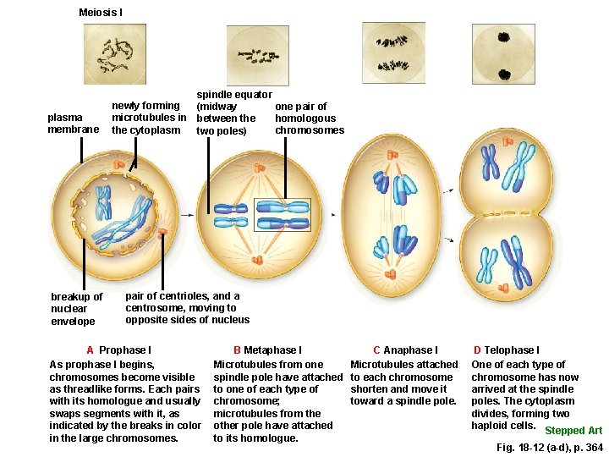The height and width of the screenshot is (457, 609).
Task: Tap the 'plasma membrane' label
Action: [65, 124]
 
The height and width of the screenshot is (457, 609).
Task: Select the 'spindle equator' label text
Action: [233, 95]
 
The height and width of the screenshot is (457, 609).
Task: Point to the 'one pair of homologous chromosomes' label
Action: [309, 118]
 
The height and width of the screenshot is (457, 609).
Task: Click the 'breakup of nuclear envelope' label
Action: [76, 309]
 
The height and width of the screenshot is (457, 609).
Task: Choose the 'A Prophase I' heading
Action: [118, 350]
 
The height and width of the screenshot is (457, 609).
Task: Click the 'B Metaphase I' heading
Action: [267, 350]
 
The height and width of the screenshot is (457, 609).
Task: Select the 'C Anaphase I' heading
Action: [405, 350]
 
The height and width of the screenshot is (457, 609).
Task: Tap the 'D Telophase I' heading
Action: [506, 350]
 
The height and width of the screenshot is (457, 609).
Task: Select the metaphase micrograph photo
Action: [258, 54]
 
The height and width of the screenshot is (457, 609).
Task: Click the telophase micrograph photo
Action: [504, 54]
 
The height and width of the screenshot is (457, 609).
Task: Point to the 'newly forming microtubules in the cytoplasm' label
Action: [149, 118]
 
